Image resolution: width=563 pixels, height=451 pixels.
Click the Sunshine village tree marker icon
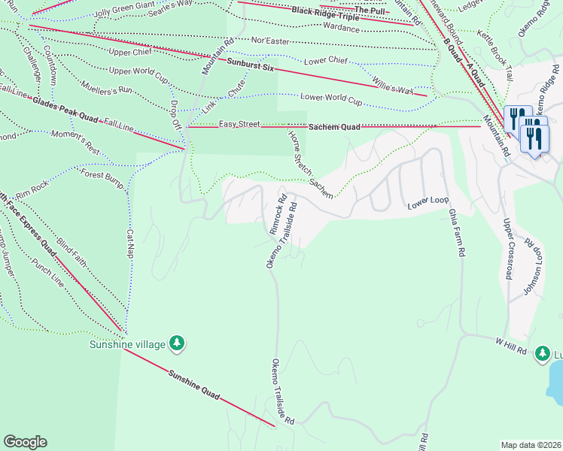click(x=177, y=344)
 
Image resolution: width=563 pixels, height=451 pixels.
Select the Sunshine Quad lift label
click(x=193, y=384)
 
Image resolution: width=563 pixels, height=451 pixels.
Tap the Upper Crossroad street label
click(x=508, y=249)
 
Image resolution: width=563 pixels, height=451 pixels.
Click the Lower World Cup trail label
click(x=331, y=98)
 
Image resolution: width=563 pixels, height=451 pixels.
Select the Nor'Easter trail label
click(x=269, y=41)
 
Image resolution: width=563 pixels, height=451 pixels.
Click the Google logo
click(x=25, y=442)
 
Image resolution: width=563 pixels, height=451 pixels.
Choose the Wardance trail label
click(x=340, y=28)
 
